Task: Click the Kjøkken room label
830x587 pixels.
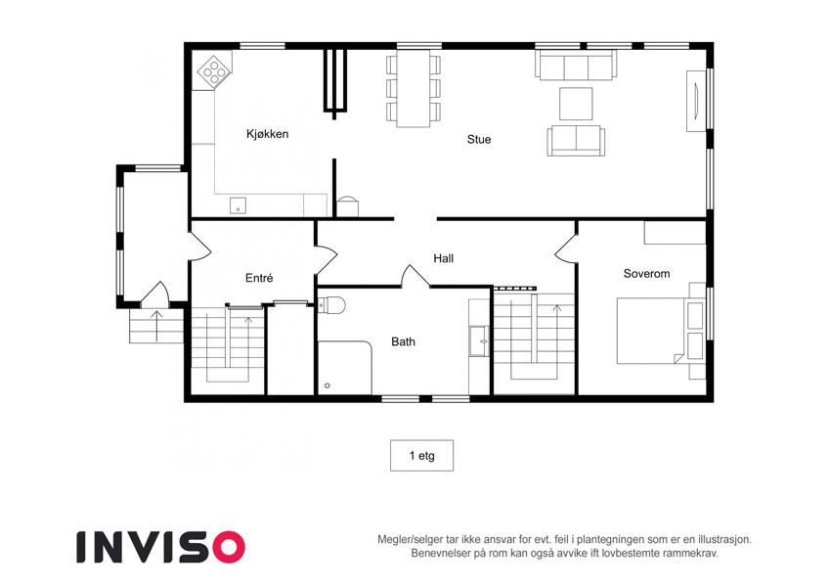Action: pos(267,134)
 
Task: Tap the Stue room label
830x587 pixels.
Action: pos(479,139)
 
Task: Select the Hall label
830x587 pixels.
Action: pos(444,258)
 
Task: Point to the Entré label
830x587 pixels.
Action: pos(259,278)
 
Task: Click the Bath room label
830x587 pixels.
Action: pos(404,341)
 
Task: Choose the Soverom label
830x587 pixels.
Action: pos(646,274)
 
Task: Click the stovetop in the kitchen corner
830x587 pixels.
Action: pos(214,71)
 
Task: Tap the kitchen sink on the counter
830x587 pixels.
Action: pos(238,205)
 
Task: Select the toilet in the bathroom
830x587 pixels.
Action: pos(332,305)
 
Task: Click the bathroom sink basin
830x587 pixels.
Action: pos(480,340)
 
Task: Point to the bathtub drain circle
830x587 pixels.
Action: pos(328,385)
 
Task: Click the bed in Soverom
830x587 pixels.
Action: pos(652,331)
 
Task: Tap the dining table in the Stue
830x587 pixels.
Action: pos(414,88)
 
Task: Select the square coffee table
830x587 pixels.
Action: pos(576,104)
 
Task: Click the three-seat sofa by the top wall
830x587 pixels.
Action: pos(576,65)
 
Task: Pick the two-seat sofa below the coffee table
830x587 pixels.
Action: pos(576,141)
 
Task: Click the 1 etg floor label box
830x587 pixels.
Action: pos(422,456)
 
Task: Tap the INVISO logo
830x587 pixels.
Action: pos(161,547)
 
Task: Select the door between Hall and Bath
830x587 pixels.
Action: pos(416,276)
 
